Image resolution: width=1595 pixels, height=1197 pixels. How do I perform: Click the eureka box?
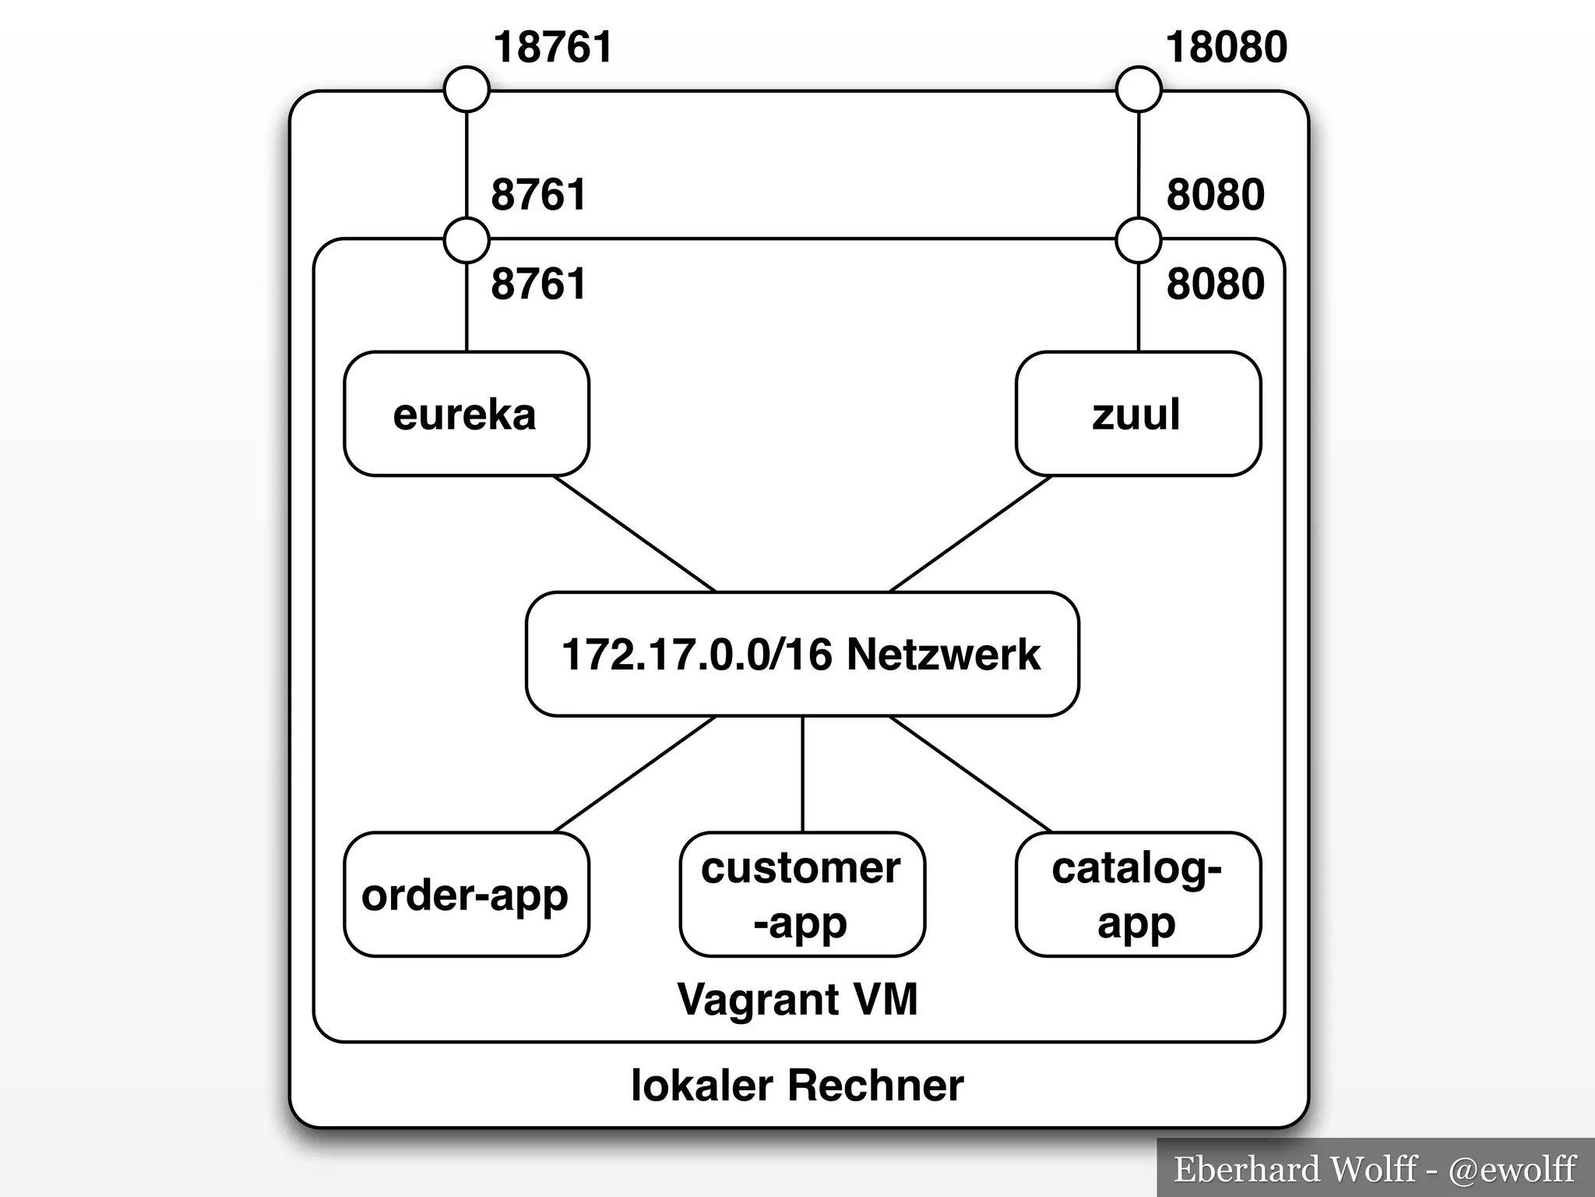(x=466, y=414)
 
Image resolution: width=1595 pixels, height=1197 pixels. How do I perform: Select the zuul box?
(x=1138, y=414)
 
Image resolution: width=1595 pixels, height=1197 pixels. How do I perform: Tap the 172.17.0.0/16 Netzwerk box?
(x=802, y=654)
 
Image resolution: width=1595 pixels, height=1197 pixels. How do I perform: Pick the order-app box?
(x=466, y=895)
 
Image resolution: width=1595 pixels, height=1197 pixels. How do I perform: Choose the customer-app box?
(x=802, y=895)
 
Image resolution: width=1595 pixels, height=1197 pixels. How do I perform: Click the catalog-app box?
(x=1138, y=895)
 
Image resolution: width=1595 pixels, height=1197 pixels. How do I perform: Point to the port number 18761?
(x=553, y=47)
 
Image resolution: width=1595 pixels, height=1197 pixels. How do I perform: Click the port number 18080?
(x=1226, y=47)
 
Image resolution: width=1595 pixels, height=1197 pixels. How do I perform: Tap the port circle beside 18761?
(x=467, y=90)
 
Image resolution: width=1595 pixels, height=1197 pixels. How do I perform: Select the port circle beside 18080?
(x=1139, y=90)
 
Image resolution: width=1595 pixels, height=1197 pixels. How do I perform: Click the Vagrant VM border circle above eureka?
(x=467, y=239)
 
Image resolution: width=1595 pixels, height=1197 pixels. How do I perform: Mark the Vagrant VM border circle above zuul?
(x=1139, y=239)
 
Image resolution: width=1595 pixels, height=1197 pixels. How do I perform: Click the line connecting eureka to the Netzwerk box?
(x=634, y=534)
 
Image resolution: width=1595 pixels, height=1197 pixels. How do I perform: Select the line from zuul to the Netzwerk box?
(x=970, y=534)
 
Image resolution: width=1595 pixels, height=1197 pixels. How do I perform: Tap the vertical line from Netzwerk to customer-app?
(x=802, y=774)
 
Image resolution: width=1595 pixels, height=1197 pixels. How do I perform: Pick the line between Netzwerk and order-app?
(x=634, y=774)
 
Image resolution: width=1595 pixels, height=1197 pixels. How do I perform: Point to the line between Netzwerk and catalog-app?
(x=970, y=774)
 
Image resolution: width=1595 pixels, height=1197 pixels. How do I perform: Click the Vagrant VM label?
(x=797, y=999)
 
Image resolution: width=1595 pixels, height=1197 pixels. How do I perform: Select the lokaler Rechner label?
(x=797, y=1086)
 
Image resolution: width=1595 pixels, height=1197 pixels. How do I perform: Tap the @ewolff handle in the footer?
(x=1512, y=1169)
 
